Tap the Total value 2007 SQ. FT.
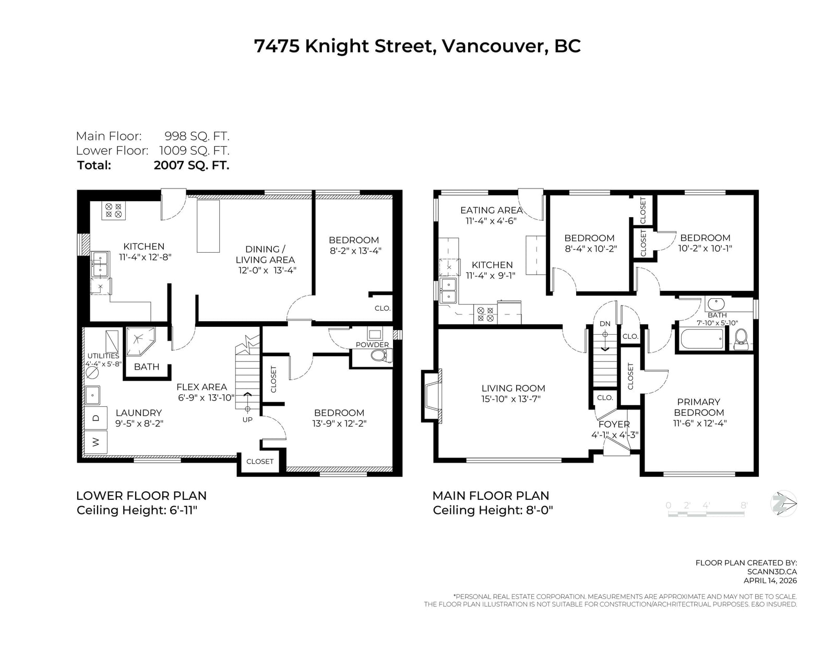coord(192,166)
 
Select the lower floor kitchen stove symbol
coord(114,210)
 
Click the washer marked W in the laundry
coord(96,442)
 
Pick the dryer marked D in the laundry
coord(96,418)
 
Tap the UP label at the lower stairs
coord(247,419)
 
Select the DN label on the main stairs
coord(605,324)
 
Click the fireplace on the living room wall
coord(432,396)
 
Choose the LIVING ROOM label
coord(514,389)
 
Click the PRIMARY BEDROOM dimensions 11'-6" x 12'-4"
coord(700,424)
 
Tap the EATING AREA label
coord(492,210)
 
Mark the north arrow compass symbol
coord(784,504)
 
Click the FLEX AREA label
coord(202,387)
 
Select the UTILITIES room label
coord(103,356)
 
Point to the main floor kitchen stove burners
coord(485,314)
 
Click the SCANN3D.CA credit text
coord(772,572)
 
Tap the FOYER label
coord(614,425)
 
